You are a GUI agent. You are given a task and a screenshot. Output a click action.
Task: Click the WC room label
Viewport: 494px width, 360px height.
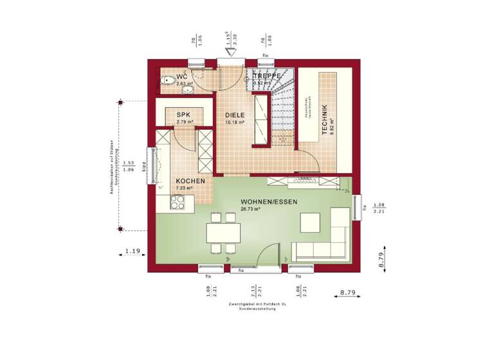click(182, 77)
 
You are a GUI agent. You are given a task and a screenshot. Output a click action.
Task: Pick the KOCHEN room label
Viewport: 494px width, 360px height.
click(190, 181)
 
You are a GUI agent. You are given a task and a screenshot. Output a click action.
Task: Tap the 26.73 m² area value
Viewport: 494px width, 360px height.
click(250, 210)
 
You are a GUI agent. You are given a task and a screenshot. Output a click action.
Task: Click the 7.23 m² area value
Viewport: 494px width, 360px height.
click(185, 188)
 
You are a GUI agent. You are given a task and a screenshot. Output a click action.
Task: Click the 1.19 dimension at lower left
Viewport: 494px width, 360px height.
click(133, 251)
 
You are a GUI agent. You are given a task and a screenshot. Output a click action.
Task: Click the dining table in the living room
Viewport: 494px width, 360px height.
click(223, 232)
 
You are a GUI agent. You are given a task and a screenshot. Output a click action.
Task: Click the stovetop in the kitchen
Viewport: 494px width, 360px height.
click(176, 203)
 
